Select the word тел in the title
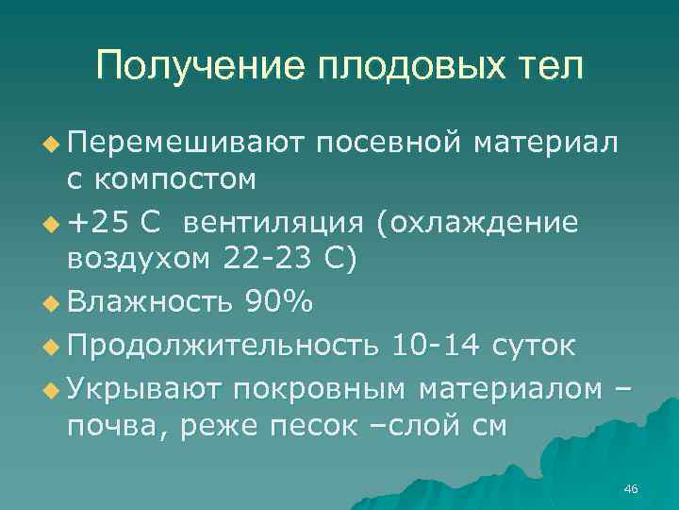point(550,66)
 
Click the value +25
point(99,222)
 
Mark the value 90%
point(284,302)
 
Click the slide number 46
point(631,488)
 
